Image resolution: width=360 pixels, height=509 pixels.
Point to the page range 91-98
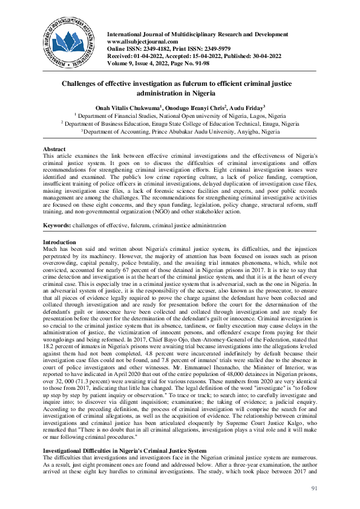pyautogui.click(x=203, y=62)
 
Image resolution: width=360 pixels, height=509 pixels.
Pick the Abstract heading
pyautogui.click(x=54, y=148)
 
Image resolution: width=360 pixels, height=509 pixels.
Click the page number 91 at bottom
pyautogui.click(x=313, y=488)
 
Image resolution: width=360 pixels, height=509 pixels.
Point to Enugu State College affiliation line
pyautogui.click(x=180, y=123)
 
